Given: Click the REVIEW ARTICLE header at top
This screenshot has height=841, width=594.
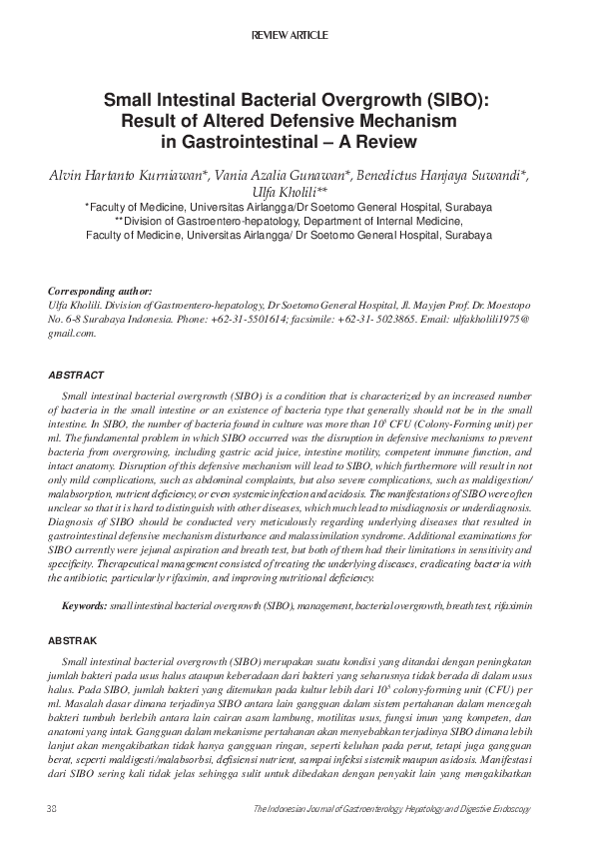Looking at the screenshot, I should [x=297, y=36].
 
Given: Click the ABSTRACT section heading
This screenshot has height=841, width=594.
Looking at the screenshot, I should [x=76, y=375].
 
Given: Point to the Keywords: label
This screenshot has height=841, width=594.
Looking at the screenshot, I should [x=84, y=606].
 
